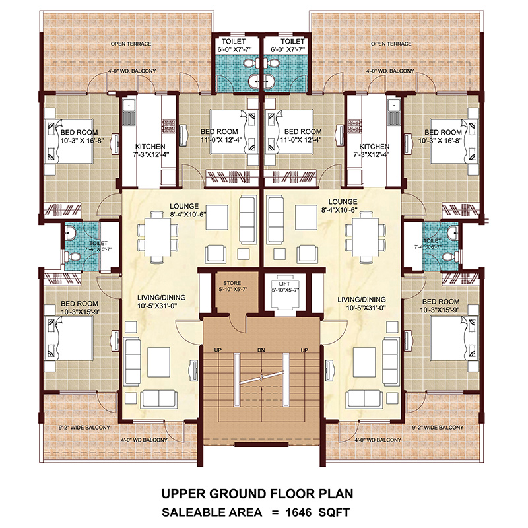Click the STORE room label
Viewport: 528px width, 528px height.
tap(231, 282)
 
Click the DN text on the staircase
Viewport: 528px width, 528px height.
tap(261, 349)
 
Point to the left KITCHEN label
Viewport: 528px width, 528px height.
tap(151, 146)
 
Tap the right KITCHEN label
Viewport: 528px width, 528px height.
tap(375, 146)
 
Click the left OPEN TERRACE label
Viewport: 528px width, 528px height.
tap(131, 44)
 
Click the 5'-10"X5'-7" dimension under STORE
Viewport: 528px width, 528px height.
tap(231, 290)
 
